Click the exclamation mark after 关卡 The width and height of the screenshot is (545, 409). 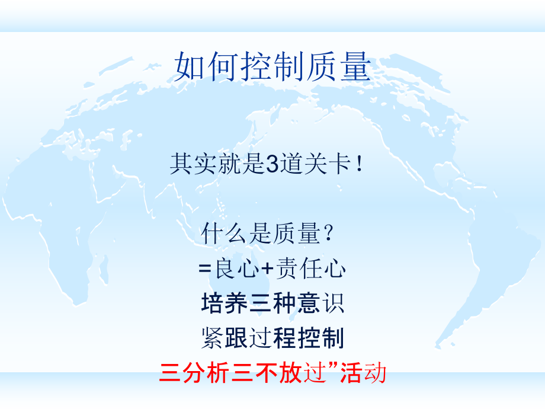click(x=361, y=164)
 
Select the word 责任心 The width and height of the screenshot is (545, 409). click(x=310, y=270)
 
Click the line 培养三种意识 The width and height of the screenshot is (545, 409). click(x=272, y=303)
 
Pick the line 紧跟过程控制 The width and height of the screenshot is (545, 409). click(x=272, y=338)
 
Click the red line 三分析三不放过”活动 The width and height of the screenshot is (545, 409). click(x=272, y=373)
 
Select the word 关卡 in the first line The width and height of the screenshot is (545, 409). click(x=334, y=164)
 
